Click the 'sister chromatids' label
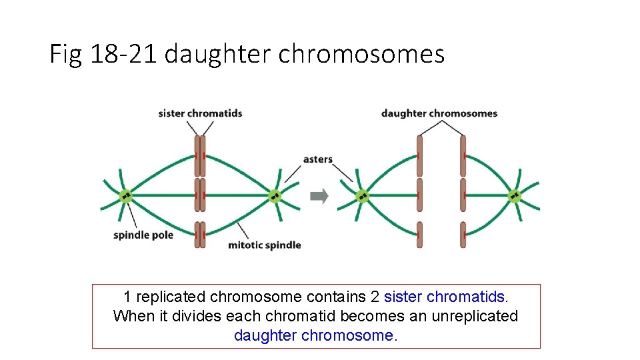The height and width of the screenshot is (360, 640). pos(200,113)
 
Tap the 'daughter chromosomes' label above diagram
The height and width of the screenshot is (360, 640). pos(439,113)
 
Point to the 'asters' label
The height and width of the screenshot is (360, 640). pos(317,159)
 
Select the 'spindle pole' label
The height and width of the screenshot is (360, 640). pos(143,235)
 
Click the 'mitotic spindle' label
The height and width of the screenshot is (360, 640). pos(265,245)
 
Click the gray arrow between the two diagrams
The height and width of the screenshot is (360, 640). pos(320,196)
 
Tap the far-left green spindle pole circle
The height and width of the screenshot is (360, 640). pos(125,196)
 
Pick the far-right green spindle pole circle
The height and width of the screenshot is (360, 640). pos(515,196)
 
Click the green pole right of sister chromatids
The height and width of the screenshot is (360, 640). pos(275,196)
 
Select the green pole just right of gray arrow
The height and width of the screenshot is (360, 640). pos(362,196)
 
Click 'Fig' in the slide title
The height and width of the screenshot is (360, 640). pos(65,54)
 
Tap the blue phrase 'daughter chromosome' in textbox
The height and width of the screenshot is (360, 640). pos(313,335)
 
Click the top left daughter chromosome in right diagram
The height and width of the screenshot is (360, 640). pos(419,155)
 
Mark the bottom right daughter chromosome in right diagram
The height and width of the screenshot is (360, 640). pos(463,235)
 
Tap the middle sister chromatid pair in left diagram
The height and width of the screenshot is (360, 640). pos(200,195)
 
